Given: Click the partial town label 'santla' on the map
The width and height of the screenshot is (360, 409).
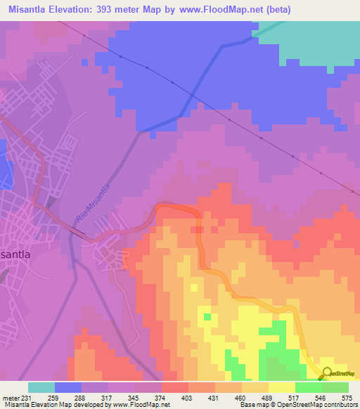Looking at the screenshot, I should click(15, 255).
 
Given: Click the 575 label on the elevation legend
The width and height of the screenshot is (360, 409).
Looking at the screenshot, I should click(347, 398).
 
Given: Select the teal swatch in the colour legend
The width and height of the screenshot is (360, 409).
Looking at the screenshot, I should click(41, 387).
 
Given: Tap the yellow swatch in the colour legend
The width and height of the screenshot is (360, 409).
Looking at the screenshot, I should click(282, 387).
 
